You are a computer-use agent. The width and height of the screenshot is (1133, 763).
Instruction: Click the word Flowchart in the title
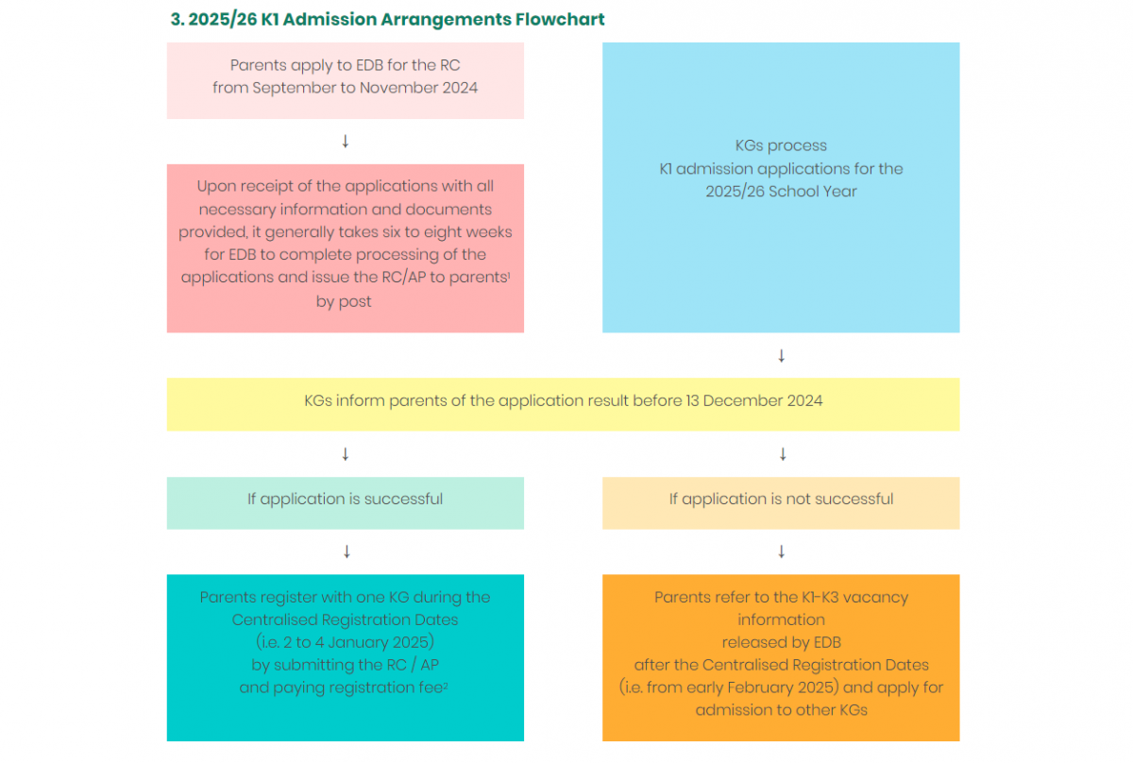click(560, 19)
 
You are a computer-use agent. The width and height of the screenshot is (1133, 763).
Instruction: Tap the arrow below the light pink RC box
click(346, 141)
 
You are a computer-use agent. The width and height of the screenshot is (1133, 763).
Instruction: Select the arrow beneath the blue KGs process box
click(782, 356)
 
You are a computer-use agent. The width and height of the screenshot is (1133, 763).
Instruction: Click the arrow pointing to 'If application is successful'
click(346, 454)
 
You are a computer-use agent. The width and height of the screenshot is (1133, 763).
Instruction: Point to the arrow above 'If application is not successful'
click(783, 454)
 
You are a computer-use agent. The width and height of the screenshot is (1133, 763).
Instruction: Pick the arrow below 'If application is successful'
click(347, 551)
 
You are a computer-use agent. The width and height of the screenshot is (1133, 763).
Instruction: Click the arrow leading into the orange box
click(782, 551)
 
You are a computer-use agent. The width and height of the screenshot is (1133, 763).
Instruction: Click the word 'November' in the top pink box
click(399, 88)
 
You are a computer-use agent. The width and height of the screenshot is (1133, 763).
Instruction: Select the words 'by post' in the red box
click(344, 301)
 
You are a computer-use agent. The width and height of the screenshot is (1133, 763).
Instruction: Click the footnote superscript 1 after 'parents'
click(509, 274)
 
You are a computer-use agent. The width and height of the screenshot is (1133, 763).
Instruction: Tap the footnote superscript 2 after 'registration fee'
click(446, 685)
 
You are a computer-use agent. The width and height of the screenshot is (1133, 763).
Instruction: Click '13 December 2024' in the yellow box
click(754, 400)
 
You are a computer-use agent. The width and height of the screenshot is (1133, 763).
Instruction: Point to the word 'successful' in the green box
click(403, 499)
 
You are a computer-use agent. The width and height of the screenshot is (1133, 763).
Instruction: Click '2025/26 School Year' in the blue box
click(781, 192)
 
